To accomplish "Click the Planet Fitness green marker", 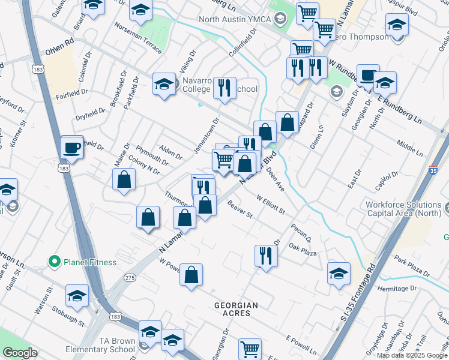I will click(54, 262).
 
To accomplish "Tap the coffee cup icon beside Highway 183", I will click(72, 148).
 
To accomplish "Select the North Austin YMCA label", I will click(235, 19).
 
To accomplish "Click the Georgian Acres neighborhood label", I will click(237, 305).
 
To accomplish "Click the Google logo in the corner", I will click(20, 353).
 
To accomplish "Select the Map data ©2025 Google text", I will click(412, 355).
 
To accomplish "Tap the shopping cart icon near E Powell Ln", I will click(250, 349).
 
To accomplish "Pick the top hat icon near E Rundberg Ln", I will click(367, 75).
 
